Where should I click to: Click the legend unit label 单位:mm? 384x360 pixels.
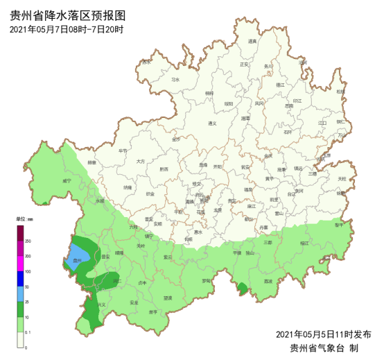pyautogui.click(x=26, y=219)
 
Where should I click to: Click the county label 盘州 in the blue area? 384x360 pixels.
pyautogui.click(x=78, y=262)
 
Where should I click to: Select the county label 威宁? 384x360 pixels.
pyautogui.click(x=67, y=180)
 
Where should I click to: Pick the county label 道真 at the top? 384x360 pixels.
pyautogui.click(x=252, y=42)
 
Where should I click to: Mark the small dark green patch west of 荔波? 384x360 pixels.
pyautogui.click(x=242, y=286)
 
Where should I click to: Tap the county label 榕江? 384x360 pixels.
pyautogui.click(x=304, y=243)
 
